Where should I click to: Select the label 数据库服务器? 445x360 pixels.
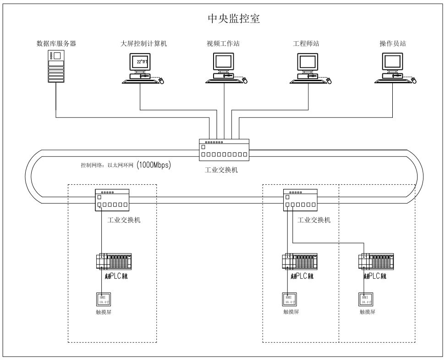tap(56, 44)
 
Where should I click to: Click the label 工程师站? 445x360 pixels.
tap(306, 44)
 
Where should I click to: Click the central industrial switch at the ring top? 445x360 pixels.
tap(224, 150)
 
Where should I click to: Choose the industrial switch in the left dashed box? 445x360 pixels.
tap(112, 200)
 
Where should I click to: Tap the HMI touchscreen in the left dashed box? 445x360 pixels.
tap(102, 299)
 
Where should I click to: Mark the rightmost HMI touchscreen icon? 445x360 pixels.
tap(364, 299)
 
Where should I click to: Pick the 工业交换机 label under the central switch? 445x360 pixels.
tap(221, 170)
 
